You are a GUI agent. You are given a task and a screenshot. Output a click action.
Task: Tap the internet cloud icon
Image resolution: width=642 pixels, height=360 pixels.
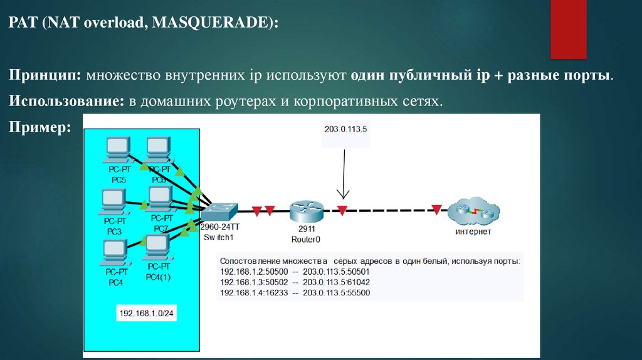click(x=473, y=211)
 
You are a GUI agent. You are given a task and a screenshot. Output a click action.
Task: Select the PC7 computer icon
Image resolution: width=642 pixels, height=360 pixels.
click(x=160, y=199)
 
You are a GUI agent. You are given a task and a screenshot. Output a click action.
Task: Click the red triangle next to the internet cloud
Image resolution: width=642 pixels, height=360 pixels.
click(x=437, y=210)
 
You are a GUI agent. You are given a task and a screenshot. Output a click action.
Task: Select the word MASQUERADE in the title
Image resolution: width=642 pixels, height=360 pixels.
click(x=211, y=23)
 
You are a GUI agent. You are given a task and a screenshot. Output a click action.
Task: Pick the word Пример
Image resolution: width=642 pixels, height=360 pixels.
click(x=39, y=127)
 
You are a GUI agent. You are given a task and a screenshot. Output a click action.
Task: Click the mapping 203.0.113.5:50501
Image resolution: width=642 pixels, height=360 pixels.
click(x=336, y=272)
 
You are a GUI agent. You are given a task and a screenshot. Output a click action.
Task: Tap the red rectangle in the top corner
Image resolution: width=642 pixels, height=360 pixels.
click(x=568, y=29)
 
